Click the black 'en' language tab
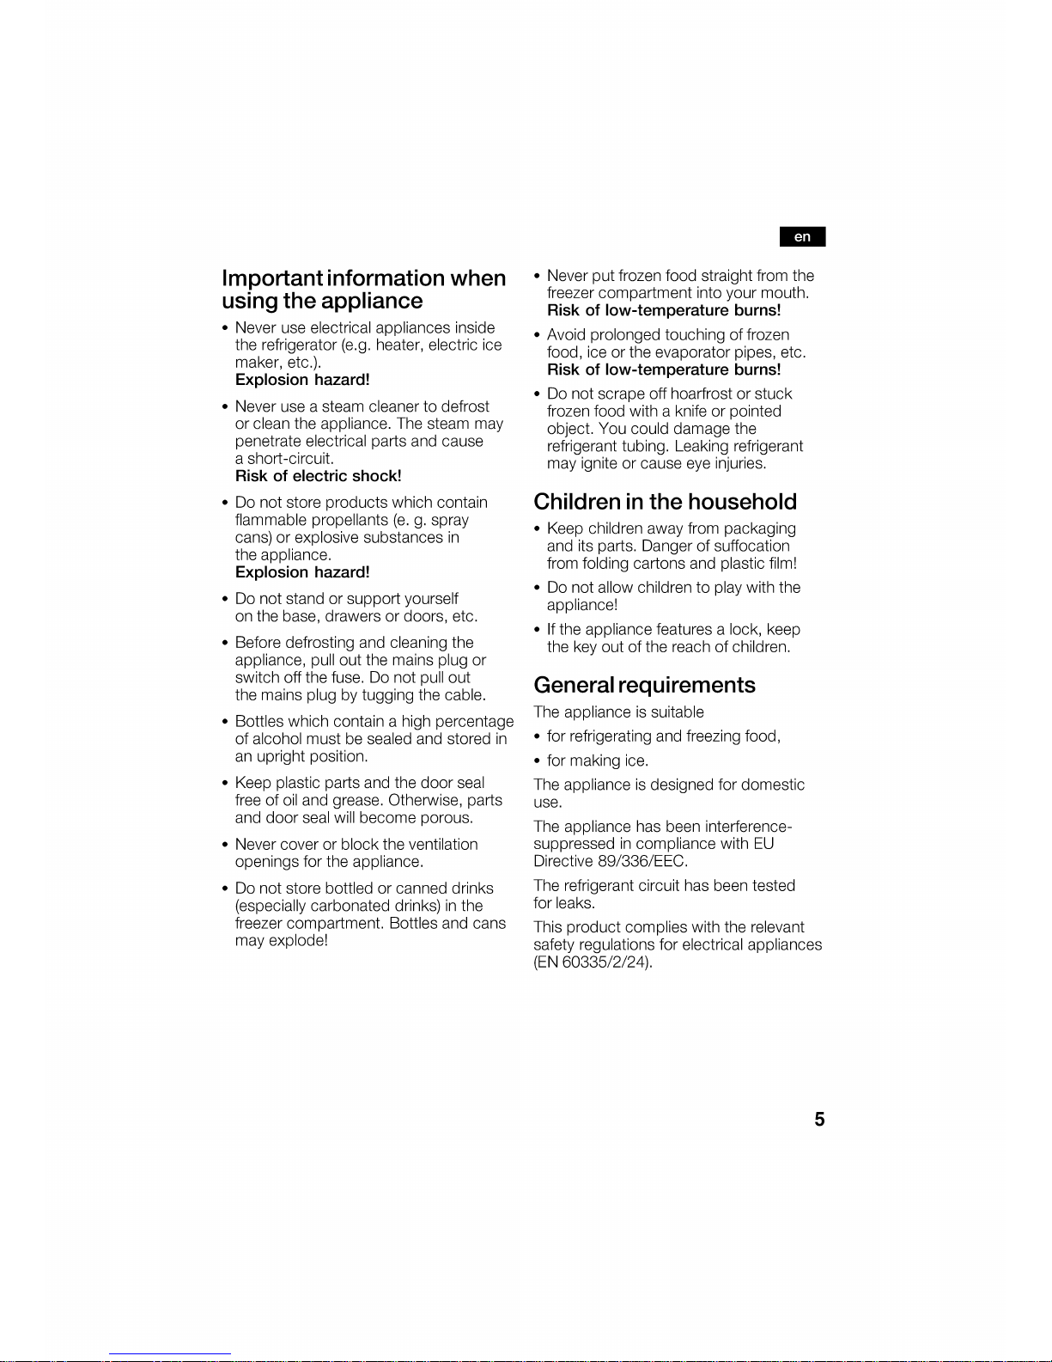click(x=802, y=236)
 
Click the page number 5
click(x=819, y=1119)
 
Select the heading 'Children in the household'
click(x=665, y=502)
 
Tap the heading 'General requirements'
click(x=644, y=685)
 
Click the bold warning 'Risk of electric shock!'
click(x=318, y=476)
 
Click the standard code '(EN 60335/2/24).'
click(x=593, y=962)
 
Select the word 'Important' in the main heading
click(x=272, y=278)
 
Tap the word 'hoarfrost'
click(x=701, y=394)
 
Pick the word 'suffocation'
click(x=751, y=546)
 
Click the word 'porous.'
click(x=446, y=818)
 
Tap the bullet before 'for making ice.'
click(x=537, y=760)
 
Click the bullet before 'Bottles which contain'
click(x=225, y=722)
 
